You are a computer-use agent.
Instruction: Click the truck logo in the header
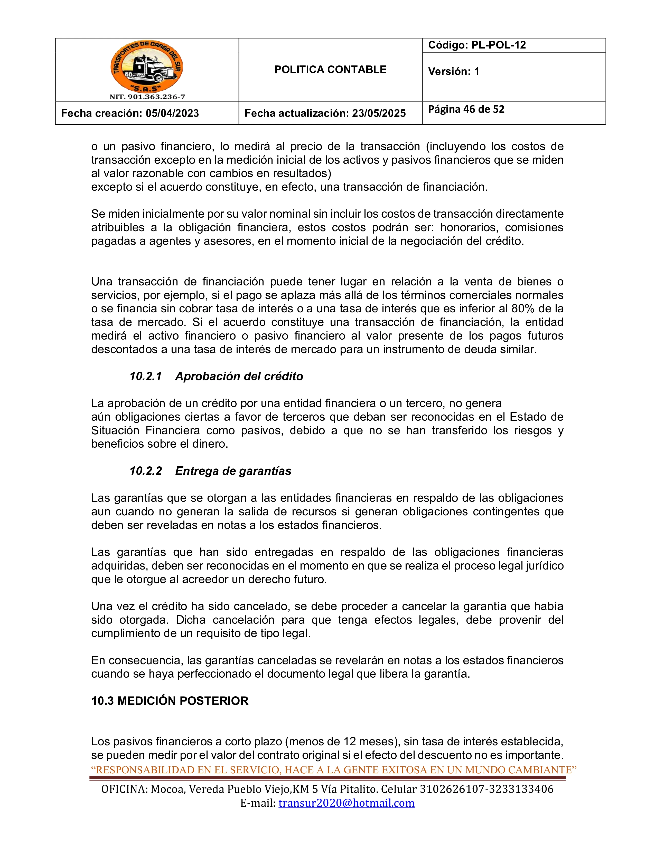coord(147,67)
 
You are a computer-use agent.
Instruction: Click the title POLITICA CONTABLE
coord(330,70)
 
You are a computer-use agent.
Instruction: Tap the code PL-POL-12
coord(498,45)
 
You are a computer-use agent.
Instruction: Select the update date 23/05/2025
coord(379,113)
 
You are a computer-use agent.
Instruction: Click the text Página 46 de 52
coord(466,109)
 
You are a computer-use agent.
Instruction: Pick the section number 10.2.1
coord(145,376)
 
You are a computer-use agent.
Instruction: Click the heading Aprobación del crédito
coord(239,376)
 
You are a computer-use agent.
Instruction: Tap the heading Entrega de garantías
coord(233,471)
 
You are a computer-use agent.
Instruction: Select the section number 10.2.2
coord(145,471)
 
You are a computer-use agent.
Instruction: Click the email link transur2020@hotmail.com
coord(347,803)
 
